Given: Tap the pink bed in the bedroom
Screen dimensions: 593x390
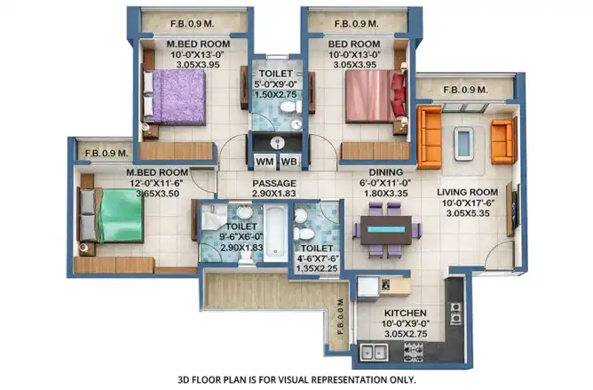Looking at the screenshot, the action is pyautogui.click(x=376, y=96).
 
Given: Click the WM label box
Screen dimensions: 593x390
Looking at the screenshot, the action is pyautogui.click(x=265, y=162).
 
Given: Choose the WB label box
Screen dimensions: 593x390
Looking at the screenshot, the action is pyautogui.click(x=289, y=162).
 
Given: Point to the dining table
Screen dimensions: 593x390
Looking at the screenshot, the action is pyautogui.click(x=386, y=230).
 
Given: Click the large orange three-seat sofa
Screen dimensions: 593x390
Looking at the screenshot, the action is pyautogui.click(x=430, y=137).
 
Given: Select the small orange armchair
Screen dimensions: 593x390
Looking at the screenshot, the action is pyautogui.click(x=503, y=141).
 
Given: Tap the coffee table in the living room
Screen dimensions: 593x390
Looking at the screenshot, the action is pyautogui.click(x=463, y=144).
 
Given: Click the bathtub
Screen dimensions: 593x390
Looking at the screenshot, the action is pyautogui.click(x=275, y=234).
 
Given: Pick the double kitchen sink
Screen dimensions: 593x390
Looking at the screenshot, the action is pyautogui.click(x=374, y=352).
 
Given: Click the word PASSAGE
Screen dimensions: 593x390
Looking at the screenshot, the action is pyautogui.click(x=274, y=184).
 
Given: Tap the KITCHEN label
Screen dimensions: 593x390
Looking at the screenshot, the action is pyautogui.click(x=406, y=313).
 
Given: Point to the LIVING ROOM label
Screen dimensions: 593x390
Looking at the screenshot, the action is pyautogui.click(x=468, y=193).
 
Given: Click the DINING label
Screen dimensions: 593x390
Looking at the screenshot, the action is pyautogui.click(x=386, y=172).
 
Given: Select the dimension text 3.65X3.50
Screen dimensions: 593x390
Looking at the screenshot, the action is pyautogui.click(x=157, y=194).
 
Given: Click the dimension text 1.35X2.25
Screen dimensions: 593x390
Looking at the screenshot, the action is pyautogui.click(x=317, y=268).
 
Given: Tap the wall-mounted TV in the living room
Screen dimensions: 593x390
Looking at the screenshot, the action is pyautogui.click(x=513, y=210).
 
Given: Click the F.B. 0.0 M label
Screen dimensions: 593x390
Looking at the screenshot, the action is pyautogui.click(x=340, y=317).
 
